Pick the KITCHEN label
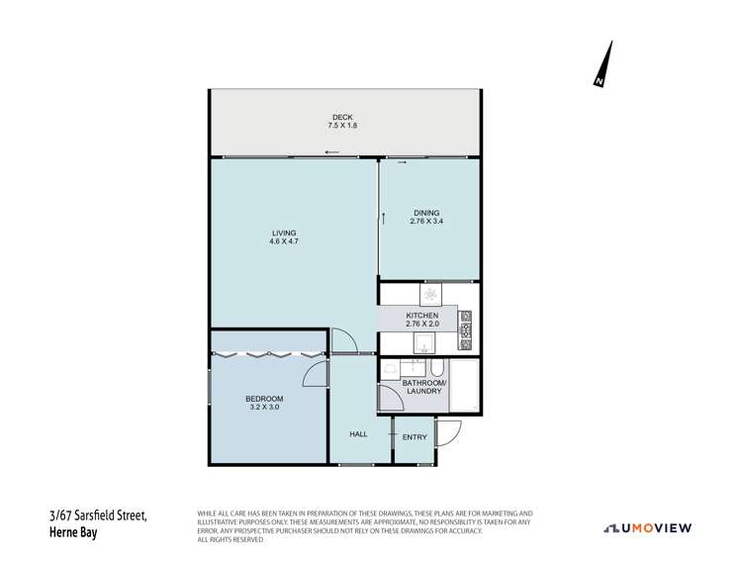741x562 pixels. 420,316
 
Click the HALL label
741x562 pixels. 360,433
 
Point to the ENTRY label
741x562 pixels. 415,434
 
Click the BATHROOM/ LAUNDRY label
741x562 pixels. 423,386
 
